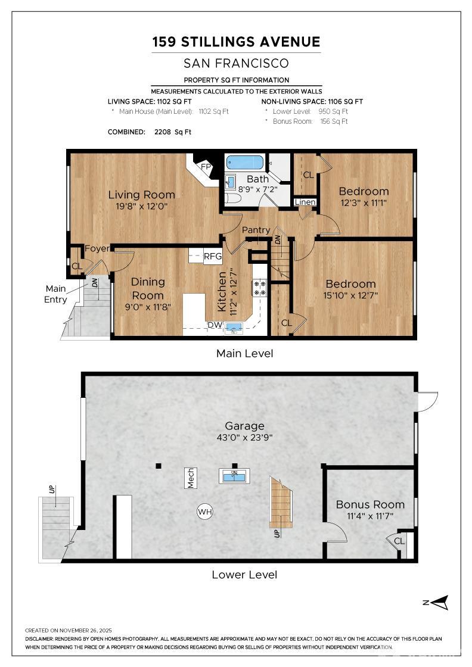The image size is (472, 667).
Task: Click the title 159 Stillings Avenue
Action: coord(236,42)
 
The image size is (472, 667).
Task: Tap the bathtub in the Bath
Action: coord(245,162)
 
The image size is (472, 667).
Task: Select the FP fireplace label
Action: coord(206,167)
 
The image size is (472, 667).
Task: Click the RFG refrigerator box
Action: coord(213,257)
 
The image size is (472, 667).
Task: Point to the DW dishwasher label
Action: coord(215,325)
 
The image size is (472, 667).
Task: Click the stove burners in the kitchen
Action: coord(260,288)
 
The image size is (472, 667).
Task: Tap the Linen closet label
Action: coord(305,202)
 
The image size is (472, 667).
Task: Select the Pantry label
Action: coord(256,230)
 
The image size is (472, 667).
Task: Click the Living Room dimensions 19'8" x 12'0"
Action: coord(141,207)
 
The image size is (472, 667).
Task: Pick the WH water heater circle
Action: coord(205,512)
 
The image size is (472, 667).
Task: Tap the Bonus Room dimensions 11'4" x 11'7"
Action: coord(370,516)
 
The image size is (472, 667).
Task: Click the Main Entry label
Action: coord(55,294)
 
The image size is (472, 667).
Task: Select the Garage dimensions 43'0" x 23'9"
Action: coord(244,438)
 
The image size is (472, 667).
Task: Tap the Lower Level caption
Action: coord(244,575)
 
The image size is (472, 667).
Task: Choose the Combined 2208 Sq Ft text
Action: coord(150,132)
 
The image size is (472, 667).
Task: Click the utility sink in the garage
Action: coord(234,476)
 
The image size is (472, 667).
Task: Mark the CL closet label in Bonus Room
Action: coord(399,541)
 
